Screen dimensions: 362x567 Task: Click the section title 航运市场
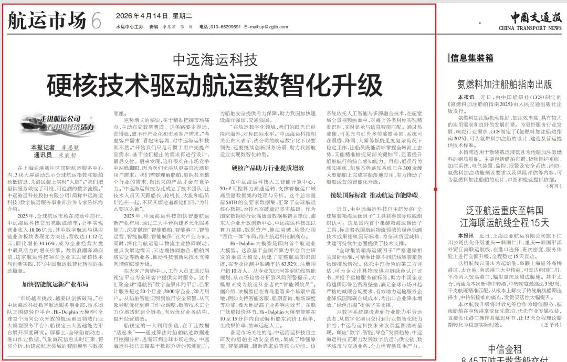pyautogui.click(x=47, y=21)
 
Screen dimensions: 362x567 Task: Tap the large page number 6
pyautogui.click(x=96, y=21)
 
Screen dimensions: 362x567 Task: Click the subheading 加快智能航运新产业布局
pyautogui.click(x=55, y=284)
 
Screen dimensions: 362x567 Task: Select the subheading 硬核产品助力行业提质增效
pyautogui.click(x=267, y=168)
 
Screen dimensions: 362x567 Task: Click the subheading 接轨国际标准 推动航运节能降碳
pyautogui.click(x=374, y=195)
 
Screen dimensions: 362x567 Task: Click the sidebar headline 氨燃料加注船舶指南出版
pyautogui.click(x=505, y=84)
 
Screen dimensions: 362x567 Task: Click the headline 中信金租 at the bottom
pyautogui.click(x=505, y=349)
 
